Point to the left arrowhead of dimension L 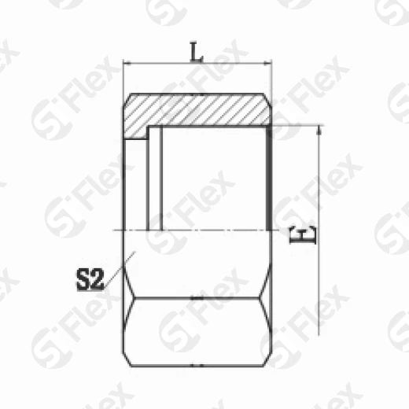point(128,64)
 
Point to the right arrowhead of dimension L point(268,64)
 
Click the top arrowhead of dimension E point(319,129)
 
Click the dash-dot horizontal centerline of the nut point(197,229)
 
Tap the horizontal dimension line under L point(197,64)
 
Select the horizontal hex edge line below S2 point(197,298)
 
